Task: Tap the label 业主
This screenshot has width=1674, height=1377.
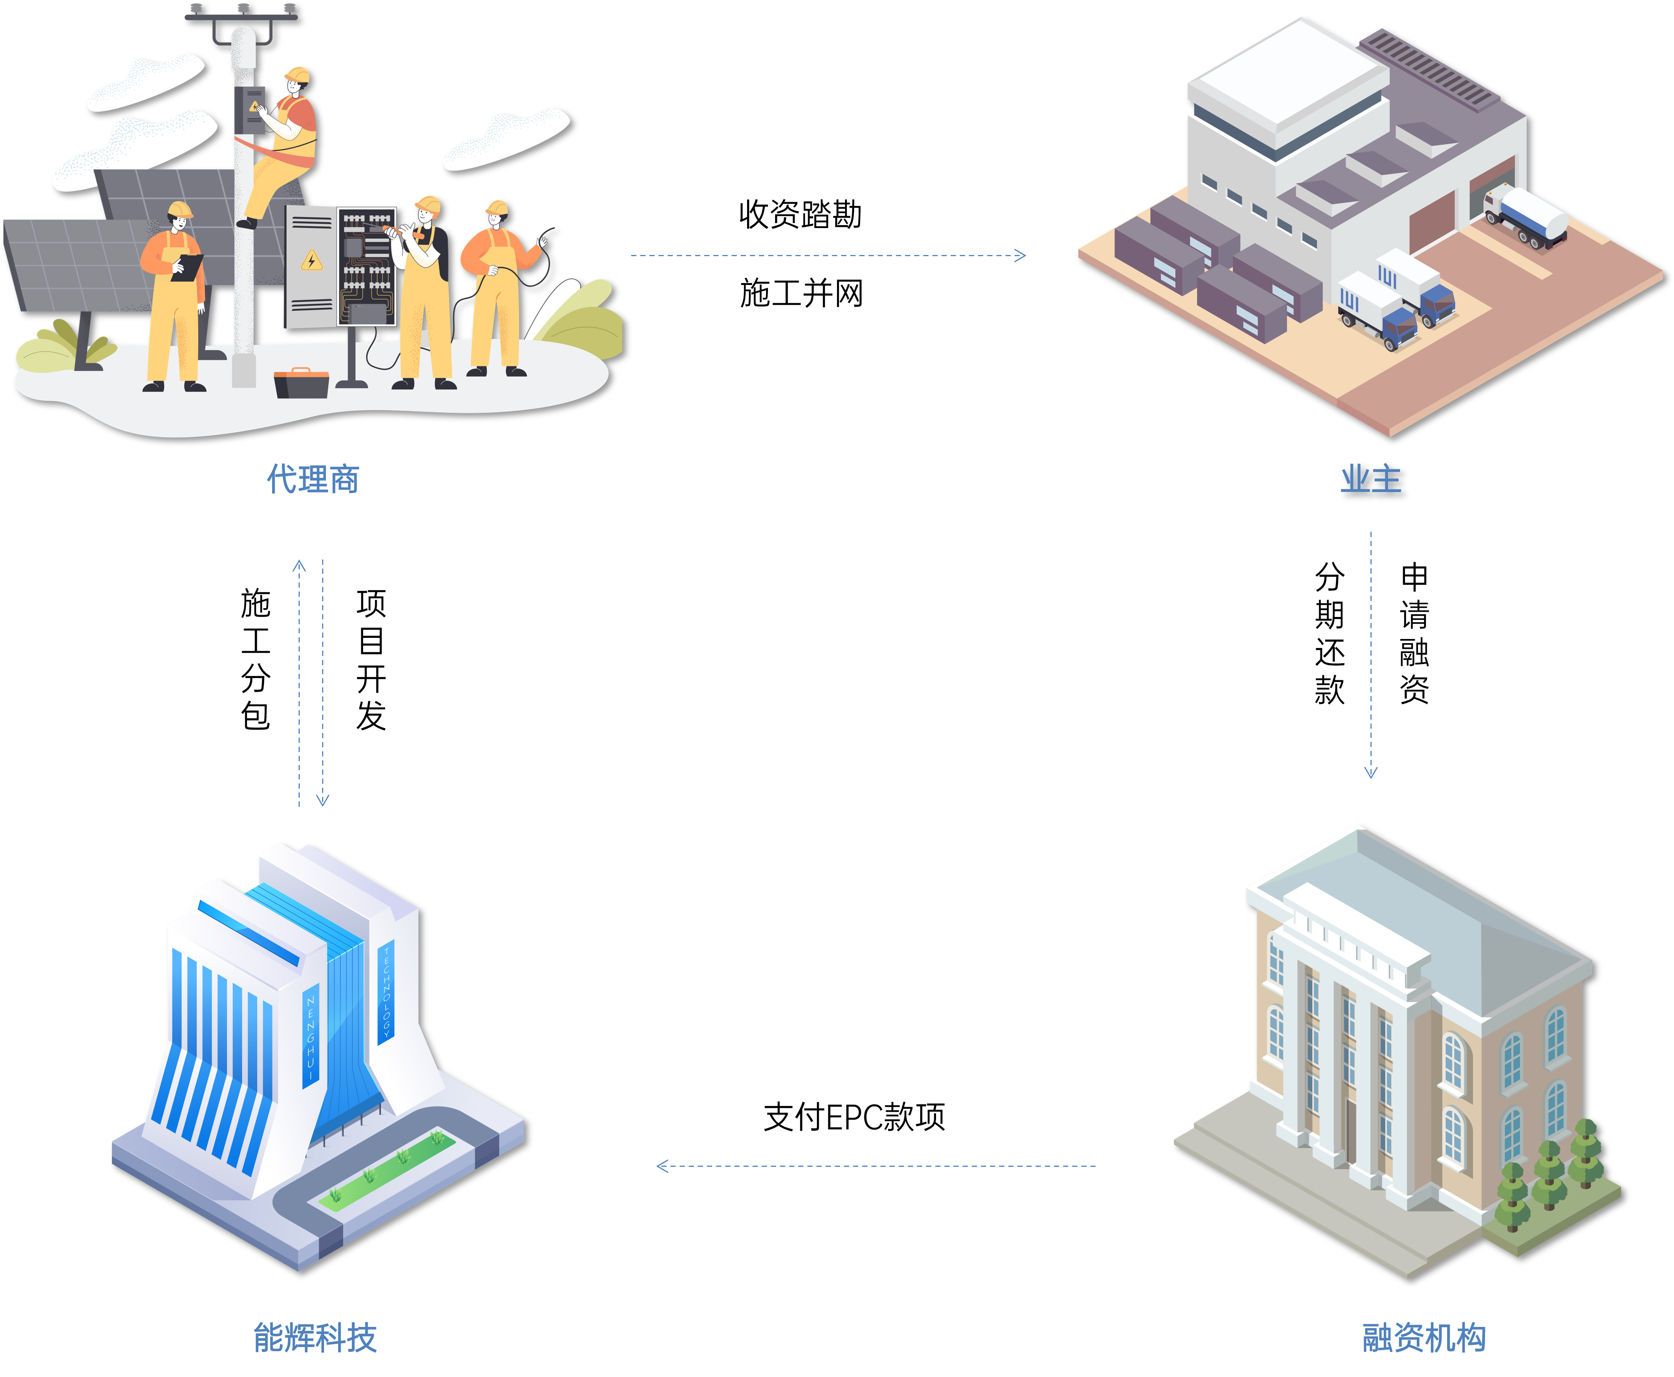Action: [x=1370, y=479]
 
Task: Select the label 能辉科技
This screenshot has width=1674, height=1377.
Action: [x=315, y=1337]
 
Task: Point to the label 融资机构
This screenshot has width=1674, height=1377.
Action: [x=1424, y=1337]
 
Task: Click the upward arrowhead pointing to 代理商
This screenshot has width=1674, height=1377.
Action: [x=299, y=567]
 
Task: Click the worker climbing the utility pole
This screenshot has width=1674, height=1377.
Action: [x=282, y=147]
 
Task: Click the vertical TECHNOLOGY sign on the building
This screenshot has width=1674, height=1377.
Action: [x=386, y=991]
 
